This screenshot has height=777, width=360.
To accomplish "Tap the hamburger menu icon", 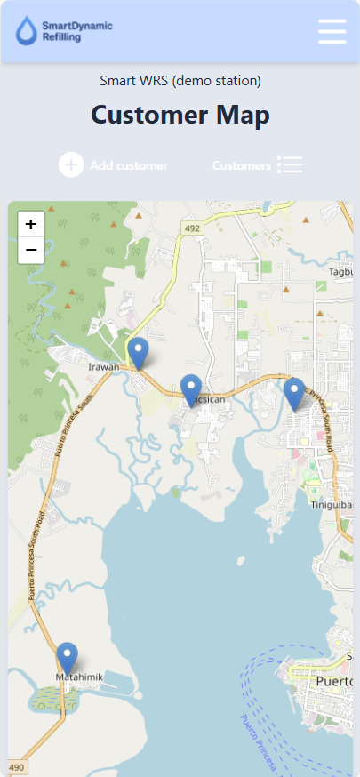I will (332, 31).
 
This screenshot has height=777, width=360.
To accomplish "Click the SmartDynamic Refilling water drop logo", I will (28, 31).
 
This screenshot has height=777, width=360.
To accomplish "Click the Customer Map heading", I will (180, 115).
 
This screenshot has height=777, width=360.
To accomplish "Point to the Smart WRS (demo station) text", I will (180, 81).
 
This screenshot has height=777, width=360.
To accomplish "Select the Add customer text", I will (128, 165).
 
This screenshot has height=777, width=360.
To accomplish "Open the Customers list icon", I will (290, 164).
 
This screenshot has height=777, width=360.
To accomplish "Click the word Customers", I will (241, 165).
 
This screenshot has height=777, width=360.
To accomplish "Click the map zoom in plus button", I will (31, 225).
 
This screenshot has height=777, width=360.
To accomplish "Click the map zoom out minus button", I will (31, 251).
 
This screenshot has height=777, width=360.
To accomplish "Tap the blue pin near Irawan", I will (138, 353).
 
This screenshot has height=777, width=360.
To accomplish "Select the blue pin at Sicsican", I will (191, 390).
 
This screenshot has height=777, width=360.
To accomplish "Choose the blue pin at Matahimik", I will (67, 659).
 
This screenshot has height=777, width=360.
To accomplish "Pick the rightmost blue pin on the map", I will (294, 393).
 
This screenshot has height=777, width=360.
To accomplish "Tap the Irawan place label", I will (104, 365).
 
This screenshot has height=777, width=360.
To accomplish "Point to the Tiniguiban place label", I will (333, 506).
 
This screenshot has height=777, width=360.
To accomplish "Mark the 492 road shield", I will (192, 228).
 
